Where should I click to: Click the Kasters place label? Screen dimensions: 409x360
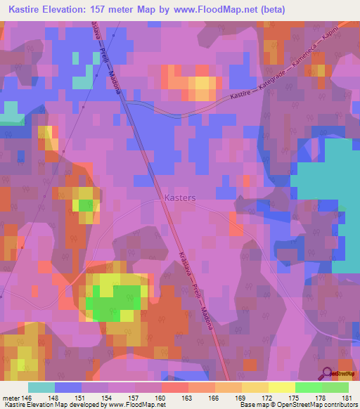point(181,198)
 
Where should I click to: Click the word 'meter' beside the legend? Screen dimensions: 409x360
point(11,397)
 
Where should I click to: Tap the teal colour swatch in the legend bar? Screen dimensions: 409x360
point(41,387)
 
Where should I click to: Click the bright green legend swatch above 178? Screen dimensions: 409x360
point(309,387)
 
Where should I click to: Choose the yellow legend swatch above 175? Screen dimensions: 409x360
point(282,387)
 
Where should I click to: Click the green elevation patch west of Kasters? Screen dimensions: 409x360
point(86,205)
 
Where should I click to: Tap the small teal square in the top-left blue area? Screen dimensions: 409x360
point(82,82)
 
